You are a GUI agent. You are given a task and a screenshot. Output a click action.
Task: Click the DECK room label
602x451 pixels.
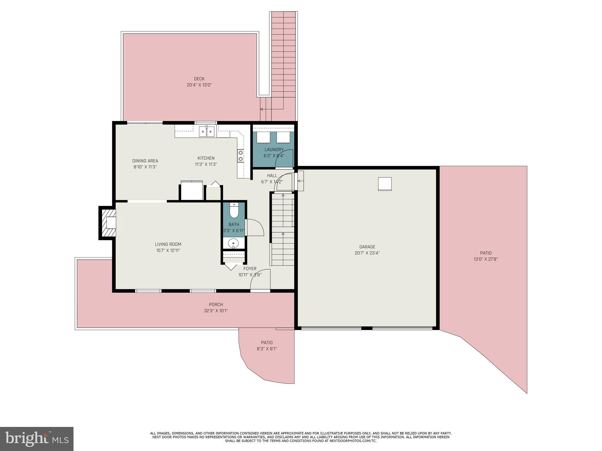(199, 79)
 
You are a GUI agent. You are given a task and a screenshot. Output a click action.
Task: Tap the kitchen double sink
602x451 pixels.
(207, 132)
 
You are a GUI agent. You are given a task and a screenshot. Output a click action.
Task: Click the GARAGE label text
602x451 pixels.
(367, 247)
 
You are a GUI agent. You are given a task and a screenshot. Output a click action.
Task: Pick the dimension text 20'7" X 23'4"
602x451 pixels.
(367, 253)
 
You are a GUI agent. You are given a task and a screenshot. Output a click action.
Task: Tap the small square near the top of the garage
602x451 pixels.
(385, 184)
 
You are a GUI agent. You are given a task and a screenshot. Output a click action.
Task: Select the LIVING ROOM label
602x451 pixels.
(168, 244)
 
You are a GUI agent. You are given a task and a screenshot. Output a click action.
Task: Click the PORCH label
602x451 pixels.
(216, 304)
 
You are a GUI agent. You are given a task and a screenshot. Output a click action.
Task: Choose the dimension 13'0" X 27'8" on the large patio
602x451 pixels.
(486, 259)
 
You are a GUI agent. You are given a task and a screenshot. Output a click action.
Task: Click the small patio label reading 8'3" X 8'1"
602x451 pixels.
(267, 349)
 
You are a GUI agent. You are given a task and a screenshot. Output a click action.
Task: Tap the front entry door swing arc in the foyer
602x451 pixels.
(260, 279)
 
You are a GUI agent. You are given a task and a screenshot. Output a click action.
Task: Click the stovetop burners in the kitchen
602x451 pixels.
(240, 156)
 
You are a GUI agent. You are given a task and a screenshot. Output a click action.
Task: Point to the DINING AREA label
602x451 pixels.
(145, 161)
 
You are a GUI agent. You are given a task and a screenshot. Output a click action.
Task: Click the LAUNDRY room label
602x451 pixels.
(274, 149)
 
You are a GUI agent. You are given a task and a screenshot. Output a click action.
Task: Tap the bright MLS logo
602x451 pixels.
(37, 439)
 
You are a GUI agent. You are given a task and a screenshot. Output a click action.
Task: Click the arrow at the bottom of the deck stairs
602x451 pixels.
(261, 109)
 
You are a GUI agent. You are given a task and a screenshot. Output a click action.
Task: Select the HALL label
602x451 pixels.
(272, 176)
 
